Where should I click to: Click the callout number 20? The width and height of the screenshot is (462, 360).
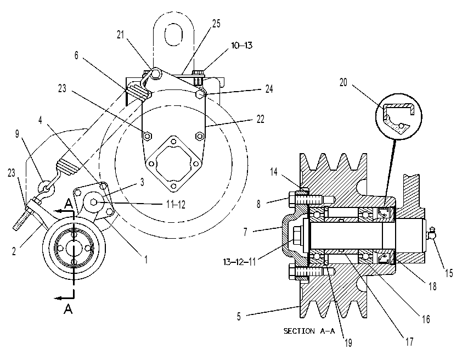coord(343,83)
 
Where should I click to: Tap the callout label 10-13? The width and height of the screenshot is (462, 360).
coord(241,46)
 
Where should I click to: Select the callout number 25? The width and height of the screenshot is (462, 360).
coord(216,24)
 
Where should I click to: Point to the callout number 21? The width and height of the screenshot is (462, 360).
coord(120,35)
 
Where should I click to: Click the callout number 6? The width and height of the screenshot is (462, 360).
coord(77,55)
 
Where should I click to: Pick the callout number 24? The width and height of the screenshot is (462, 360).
coord(269,89)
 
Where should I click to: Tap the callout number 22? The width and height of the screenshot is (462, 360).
coord(260,119)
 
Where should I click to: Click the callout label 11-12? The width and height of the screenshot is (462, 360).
coord(176,204)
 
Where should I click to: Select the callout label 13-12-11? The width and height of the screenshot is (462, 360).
coord(239,262)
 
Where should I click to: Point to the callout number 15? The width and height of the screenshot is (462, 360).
coord(448,273)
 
